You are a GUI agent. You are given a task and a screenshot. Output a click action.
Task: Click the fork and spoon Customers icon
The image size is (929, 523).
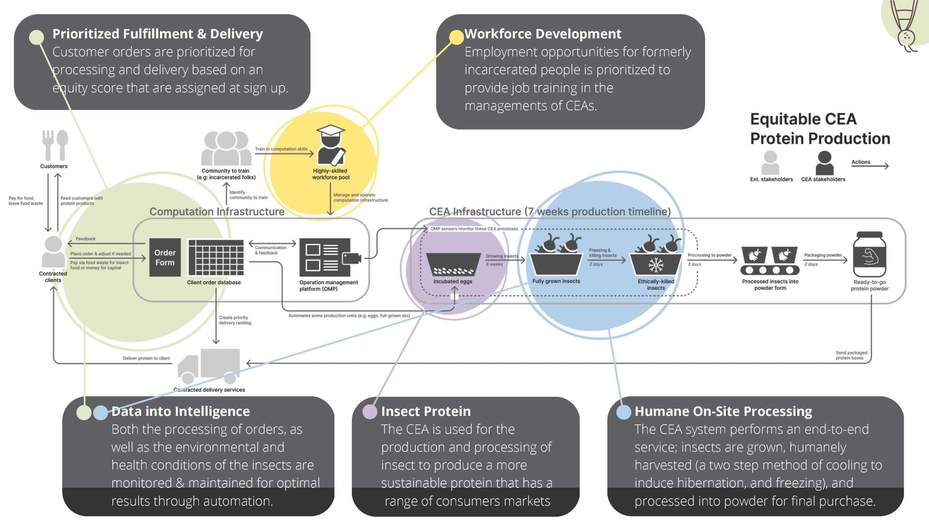click(x=55, y=145)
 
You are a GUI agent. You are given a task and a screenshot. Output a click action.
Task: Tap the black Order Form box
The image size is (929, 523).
click(x=165, y=258)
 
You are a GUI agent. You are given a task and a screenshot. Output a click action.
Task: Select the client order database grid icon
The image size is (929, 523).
click(x=216, y=258)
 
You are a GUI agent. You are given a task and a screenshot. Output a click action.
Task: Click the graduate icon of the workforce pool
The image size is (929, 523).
click(x=331, y=145)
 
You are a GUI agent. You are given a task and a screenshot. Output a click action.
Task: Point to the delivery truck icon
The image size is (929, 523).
click(x=209, y=366)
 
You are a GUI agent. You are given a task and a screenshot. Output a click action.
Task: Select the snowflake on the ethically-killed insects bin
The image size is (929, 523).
click(x=656, y=265)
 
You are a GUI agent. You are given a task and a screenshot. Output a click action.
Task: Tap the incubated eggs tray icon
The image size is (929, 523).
click(x=453, y=264)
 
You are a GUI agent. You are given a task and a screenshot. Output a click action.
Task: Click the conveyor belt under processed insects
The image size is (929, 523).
click(x=770, y=270)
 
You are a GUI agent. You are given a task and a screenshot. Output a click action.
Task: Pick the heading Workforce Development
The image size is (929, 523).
click(x=543, y=34)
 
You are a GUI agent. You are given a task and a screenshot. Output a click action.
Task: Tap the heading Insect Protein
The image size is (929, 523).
click(x=426, y=411)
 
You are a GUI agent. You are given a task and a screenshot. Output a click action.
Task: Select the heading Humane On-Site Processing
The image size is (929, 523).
click(x=723, y=411)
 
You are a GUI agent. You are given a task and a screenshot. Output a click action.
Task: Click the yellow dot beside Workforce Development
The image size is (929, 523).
click(x=456, y=37)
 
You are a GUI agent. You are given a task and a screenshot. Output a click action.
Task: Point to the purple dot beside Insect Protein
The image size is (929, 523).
click(x=370, y=412)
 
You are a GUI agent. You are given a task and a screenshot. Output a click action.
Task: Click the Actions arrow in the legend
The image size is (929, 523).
click(x=870, y=166)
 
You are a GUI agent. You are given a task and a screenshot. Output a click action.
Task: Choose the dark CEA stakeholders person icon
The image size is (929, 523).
click(x=824, y=163)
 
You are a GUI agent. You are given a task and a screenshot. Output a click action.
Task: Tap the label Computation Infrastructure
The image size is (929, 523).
click(x=217, y=211)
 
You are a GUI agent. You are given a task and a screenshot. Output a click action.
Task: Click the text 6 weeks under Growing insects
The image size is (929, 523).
click(x=494, y=264)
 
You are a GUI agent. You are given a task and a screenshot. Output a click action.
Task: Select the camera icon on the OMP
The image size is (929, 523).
click(x=351, y=258)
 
